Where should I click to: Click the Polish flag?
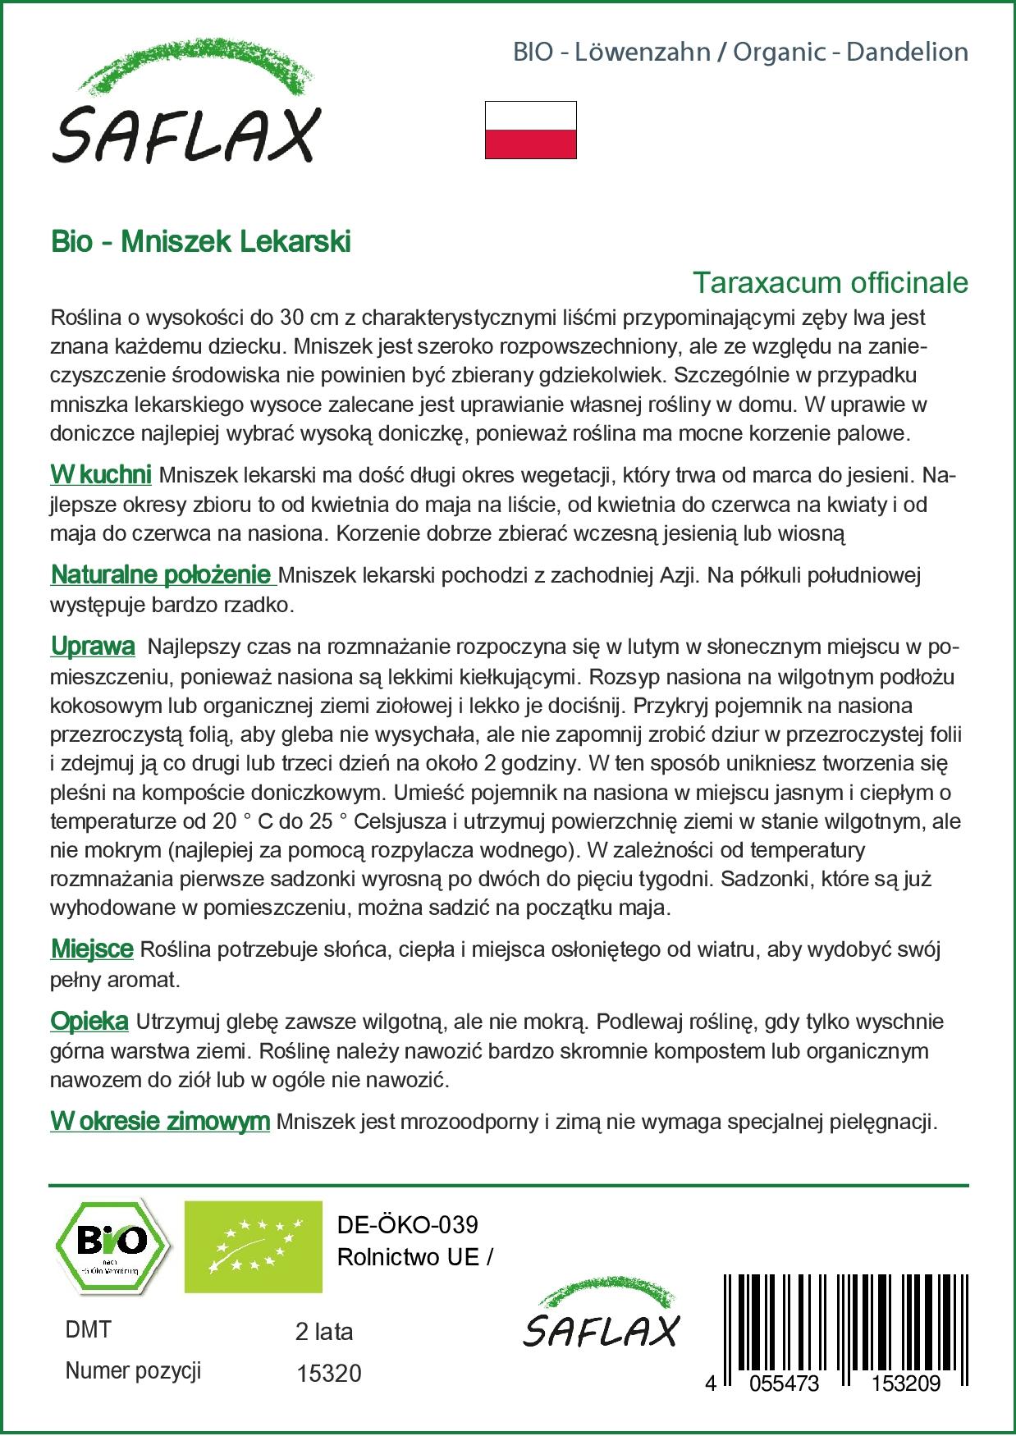click(530, 130)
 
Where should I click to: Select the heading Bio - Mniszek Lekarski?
click(200, 242)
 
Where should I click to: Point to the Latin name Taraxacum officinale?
click(831, 283)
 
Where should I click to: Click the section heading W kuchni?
click(100, 475)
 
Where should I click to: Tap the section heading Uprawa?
click(93, 647)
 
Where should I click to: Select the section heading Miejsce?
click(92, 949)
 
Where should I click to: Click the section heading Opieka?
click(89, 1022)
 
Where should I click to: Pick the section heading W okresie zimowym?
click(160, 1122)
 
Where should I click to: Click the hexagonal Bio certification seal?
click(112, 1247)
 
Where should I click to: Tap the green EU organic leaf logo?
click(253, 1247)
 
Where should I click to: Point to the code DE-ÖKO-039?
click(408, 1225)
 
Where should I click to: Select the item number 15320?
click(327, 1374)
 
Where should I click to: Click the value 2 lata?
click(323, 1331)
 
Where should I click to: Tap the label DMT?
click(87, 1330)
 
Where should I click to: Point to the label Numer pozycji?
click(133, 1371)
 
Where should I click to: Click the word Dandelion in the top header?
click(907, 53)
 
